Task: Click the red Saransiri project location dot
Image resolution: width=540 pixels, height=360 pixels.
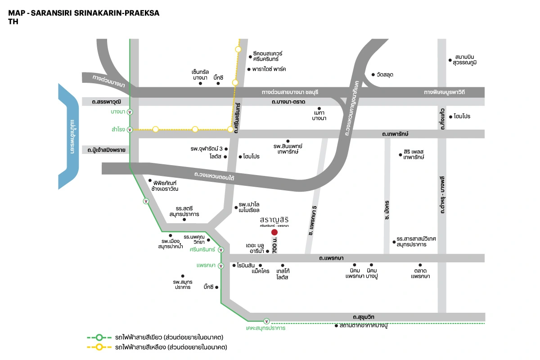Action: (274, 232)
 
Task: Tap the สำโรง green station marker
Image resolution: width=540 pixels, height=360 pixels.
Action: (130, 130)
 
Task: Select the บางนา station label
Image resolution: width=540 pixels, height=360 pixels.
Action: (118, 111)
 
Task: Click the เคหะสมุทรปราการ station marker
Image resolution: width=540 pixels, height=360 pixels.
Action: (267, 321)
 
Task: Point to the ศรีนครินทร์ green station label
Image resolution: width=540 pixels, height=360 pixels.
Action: (202, 249)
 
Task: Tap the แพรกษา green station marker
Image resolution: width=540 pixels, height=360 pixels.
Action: (220, 266)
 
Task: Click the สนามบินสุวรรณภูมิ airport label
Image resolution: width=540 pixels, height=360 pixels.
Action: (465, 60)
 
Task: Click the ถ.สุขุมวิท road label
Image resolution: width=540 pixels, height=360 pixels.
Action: (364, 317)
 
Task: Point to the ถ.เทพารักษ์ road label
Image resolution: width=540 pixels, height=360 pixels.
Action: (395, 134)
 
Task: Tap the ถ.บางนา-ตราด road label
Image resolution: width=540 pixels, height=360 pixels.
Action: (288, 102)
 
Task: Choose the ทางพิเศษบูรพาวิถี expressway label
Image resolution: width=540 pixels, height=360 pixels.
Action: (444, 92)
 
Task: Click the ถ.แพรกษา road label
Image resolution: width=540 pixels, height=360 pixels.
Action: (331, 258)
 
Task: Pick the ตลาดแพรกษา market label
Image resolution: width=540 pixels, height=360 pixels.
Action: (420, 273)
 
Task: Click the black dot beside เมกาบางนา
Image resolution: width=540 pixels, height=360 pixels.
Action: (319, 108)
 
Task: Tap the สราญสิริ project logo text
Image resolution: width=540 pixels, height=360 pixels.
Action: (274, 220)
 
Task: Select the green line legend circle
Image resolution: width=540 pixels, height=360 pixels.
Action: (100, 337)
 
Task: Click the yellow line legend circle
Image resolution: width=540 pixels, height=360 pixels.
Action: (100, 347)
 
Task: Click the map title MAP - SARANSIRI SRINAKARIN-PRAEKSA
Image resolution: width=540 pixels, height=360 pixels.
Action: (84, 12)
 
